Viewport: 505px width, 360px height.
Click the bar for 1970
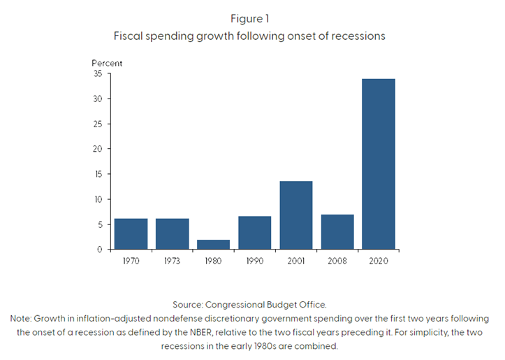131,233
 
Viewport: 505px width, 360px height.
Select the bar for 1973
173,233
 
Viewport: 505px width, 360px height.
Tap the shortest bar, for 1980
214,245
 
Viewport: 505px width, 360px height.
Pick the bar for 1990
255,233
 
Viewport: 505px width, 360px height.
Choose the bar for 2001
296,215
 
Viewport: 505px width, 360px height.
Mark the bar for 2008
337,232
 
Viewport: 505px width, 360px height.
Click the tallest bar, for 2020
379,164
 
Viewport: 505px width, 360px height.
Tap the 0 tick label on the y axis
99,250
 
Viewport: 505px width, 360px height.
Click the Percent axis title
107,64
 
